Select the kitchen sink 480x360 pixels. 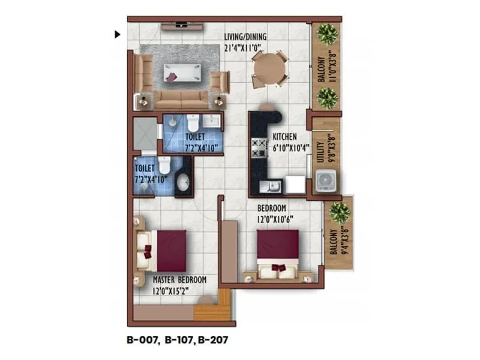coord(270,186)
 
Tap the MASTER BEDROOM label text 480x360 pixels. coord(179,280)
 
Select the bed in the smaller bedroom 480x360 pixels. coord(278,252)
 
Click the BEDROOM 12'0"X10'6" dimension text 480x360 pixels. coord(276,218)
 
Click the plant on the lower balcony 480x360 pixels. coord(340,212)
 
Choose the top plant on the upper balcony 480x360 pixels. coord(327,34)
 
